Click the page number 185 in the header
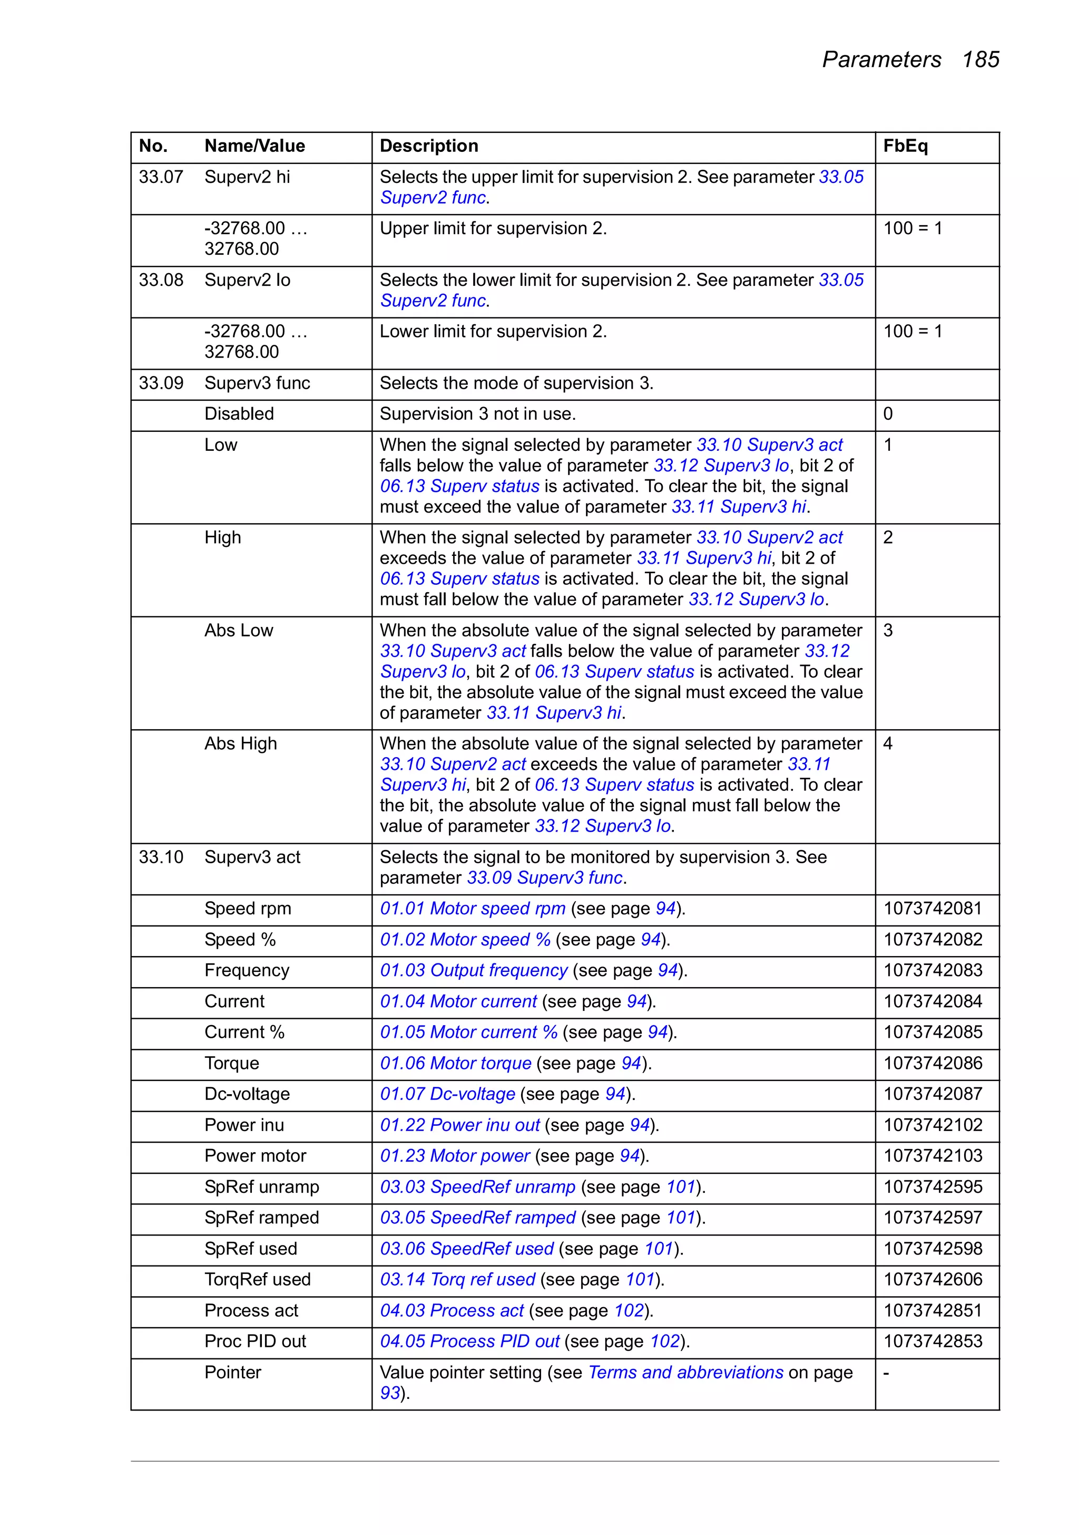click(980, 60)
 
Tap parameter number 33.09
click(161, 383)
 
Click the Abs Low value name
click(239, 631)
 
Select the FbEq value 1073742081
click(933, 909)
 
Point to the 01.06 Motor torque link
click(456, 1063)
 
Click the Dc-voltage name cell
click(247, 1094)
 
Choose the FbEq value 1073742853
click(933, 1341)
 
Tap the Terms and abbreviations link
click(685, 1373)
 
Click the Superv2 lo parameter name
click(247, 280)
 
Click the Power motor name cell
click(255, 1156)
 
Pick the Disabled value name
click(239, 414)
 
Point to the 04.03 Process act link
click(453, 1310)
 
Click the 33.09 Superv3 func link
click(545, 878)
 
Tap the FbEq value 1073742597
click(933, 1218)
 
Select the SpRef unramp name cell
click(262, 1186)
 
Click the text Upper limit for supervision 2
click(493, 229)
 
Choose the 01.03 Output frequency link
click(474, 970)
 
